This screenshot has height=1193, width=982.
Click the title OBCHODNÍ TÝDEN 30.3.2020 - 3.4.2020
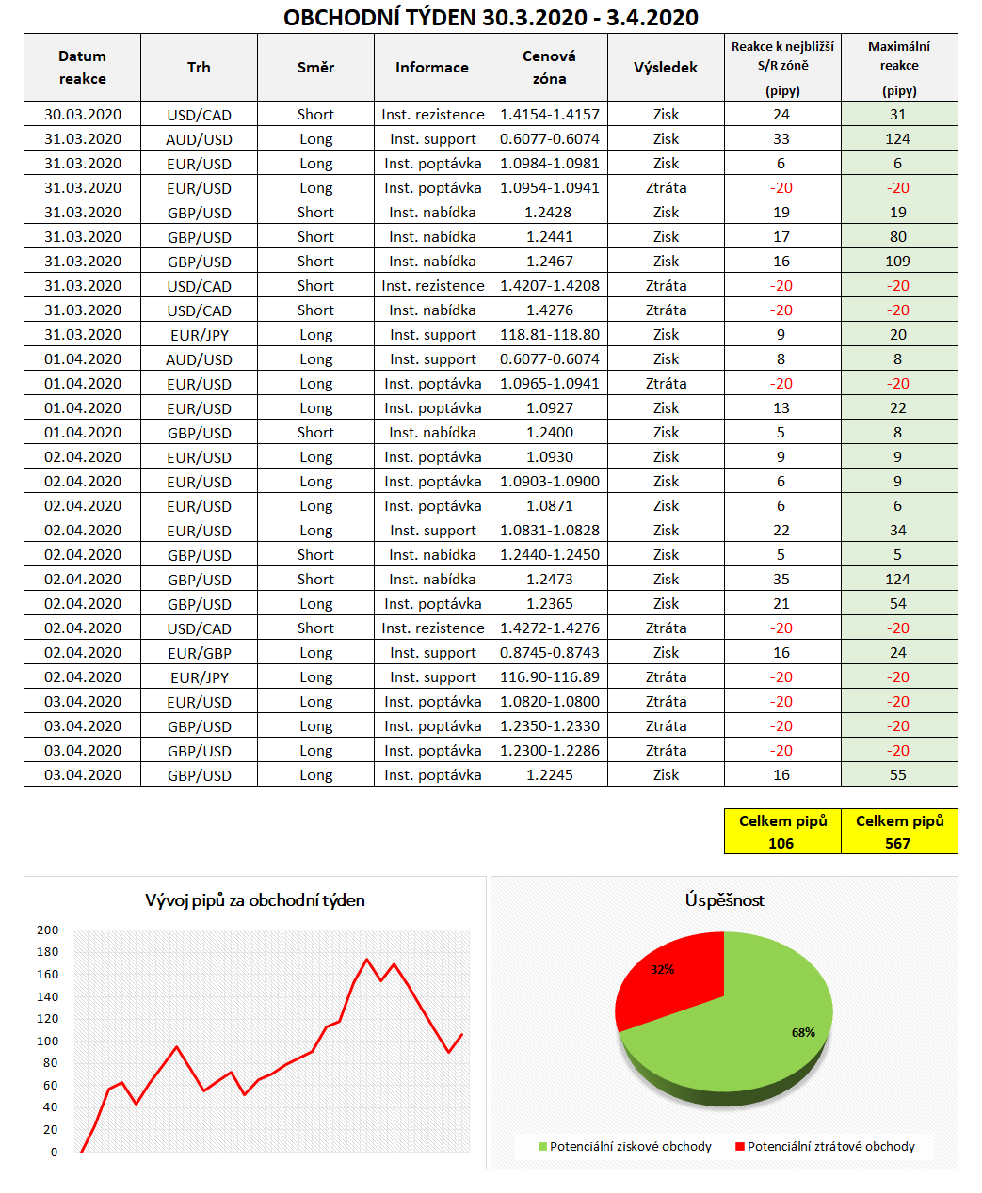[491, 17]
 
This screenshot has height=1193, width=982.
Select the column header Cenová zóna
[549, 68]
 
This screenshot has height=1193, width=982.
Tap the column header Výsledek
[666, 68]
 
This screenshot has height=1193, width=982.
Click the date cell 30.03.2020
[83, 115]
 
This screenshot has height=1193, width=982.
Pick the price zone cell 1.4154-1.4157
[550, 115]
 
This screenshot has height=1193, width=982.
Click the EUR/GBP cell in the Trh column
[200, 653]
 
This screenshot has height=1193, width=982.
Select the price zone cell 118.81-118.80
[550, 335]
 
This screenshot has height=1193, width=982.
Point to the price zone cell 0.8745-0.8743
[550, 653]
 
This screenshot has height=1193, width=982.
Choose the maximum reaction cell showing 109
[898, 262]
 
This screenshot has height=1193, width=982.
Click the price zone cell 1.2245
[550, 775]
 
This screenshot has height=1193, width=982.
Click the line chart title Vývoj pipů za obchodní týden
[255, 900]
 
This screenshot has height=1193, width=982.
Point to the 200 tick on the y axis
[47, 931]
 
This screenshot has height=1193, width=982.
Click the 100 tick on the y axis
[47, 1042]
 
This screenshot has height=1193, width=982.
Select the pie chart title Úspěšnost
[724, 900]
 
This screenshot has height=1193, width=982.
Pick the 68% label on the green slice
[803, 1033]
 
